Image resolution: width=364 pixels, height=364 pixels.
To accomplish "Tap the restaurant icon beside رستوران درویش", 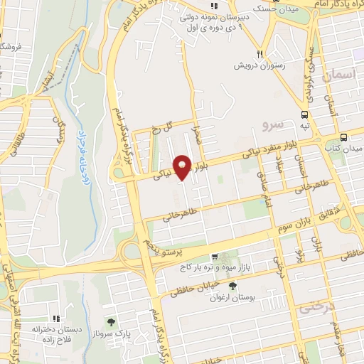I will click(260, 54).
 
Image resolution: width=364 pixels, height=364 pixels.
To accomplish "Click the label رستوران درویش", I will click(262, 65).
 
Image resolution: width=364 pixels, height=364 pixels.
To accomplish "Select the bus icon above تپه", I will click(304, 114).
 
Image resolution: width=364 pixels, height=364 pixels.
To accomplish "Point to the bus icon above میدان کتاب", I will click(343, 136).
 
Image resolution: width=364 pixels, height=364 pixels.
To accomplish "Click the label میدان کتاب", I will click(346, 149).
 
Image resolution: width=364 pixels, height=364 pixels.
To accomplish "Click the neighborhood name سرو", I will click(272, 125).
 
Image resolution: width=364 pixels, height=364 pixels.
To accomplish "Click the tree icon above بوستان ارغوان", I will click(232, 285).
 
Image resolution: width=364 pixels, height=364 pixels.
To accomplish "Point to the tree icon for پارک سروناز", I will click(109, 323).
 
